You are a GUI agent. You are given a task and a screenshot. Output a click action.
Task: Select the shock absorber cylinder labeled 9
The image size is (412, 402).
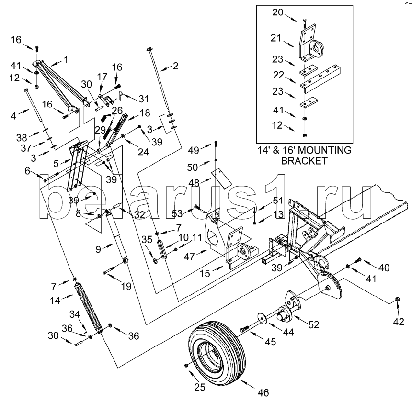click(x=117, y=235)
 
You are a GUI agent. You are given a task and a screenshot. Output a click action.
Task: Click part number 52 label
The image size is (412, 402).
click(x=313, y=324)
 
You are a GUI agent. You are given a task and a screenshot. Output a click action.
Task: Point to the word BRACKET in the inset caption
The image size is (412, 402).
click(x=304, y=161)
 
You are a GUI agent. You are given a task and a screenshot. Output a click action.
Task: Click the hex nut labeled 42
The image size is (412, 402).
click(x=397, y=299)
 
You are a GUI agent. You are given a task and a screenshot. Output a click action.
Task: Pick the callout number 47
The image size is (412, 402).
click(x=189, y=257)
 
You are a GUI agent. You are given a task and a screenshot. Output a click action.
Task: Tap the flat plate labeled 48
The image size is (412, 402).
click(x=221, y=178)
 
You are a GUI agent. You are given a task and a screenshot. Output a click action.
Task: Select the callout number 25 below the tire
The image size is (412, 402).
click(x=199, y=387)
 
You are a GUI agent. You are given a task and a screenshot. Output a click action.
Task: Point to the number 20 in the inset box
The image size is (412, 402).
click(x=278, y=12)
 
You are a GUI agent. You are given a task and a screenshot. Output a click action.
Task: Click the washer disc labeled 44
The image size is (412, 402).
click(x=262, y=317)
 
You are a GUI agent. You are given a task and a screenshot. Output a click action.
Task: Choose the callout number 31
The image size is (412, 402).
click(x=144, y=99)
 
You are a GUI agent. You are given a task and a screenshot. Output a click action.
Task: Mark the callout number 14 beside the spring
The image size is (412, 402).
click(x=55, y=300)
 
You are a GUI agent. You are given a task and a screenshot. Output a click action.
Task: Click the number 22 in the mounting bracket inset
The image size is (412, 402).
click(x=278, y=75)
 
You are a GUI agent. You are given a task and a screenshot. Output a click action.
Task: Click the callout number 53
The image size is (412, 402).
click(x=177, y=213)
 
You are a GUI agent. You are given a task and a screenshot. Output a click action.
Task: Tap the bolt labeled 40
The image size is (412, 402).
click(x=358, y=260)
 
